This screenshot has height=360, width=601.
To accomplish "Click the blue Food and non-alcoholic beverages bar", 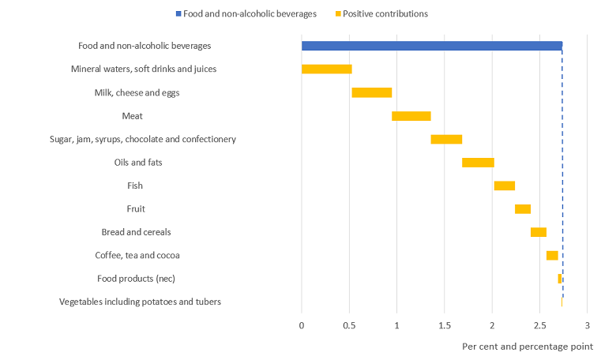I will tap(431, 46).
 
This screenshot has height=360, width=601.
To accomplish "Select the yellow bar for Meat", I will tap(411, 116).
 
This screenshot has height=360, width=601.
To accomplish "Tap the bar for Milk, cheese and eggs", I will tap(371, 92).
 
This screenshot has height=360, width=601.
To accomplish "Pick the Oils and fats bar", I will tap(478, 163).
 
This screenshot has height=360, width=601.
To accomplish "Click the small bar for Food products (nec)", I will tap(560, 279).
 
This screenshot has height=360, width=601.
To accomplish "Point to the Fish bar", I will tap(504, 186).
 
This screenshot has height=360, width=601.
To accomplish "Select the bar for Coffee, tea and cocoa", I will tap(552, 255).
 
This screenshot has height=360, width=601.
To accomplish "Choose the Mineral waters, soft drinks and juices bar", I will tap(326, 69).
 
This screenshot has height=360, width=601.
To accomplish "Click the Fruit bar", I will tap(522, 209).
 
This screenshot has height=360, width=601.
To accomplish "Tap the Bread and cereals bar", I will tap(538, 232).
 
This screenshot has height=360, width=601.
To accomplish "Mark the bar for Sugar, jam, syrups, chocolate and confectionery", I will tap(446, 139).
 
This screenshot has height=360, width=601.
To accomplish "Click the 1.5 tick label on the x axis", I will tap(445, 325).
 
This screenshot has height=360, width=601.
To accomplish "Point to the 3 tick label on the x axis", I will tap(588, 325).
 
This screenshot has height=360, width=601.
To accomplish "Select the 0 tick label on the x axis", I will tap(302, 325).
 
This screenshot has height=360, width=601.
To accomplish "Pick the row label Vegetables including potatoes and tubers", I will tap(140, 302).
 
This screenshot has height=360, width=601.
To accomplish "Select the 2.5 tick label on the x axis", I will tap(539, 325).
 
